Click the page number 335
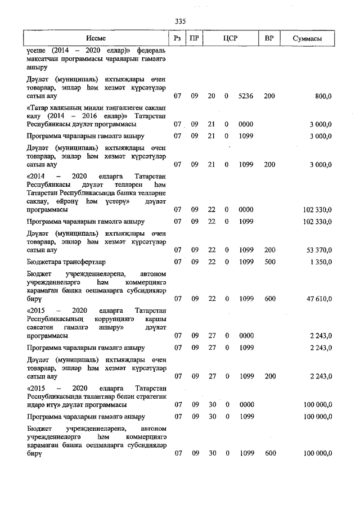(180, 21)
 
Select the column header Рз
(178, 38)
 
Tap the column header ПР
(194, 38)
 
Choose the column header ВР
(269, 38)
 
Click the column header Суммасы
(308, 38)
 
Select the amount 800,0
(323, 96)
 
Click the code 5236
(246, 96)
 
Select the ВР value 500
(269, 262)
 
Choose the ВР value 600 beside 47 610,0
(269, 299)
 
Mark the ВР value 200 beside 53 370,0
(269, 249)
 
